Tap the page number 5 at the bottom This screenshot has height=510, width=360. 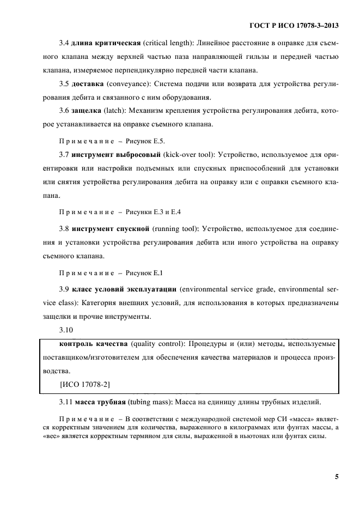pyautogui.click(x=337, y=477)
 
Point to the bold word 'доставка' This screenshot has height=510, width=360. pyautogui.click(x=88, y=84)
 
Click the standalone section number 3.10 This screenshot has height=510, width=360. pyautogui.click(x=66, y=330)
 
